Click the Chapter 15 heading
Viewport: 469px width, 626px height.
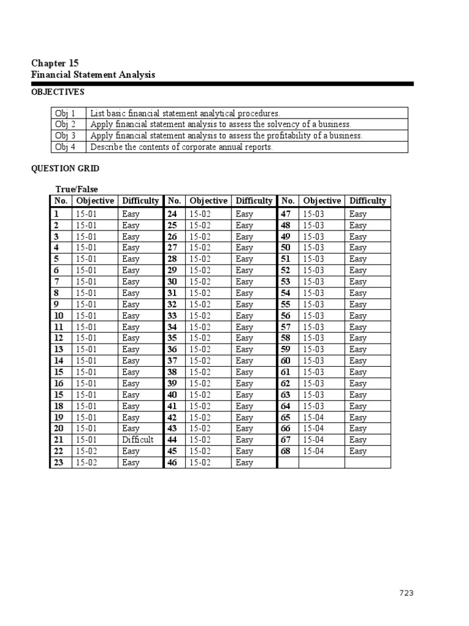(x=54, y=63)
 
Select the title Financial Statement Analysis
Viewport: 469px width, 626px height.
(x=93, y=75)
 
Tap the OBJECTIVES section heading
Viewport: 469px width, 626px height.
(x=57, y=92)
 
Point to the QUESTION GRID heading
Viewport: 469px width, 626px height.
(x=64, y=169)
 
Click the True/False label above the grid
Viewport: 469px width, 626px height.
(x=76, y=190)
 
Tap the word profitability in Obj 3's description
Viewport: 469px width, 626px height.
(x=285, y=136)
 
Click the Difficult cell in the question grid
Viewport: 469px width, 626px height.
(x=138, y=440)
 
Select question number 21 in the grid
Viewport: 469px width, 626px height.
(x=59, y=440)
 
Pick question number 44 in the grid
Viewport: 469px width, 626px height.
(x=172, y=440)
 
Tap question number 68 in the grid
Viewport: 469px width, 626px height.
(x=285, y=451)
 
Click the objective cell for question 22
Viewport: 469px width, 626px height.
(x=86, y=451)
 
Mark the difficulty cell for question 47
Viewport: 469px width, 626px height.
(x=358, y=214)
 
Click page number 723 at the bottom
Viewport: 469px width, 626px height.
(x=406, y=593)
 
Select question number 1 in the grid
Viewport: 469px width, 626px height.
(x=56, y=214)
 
